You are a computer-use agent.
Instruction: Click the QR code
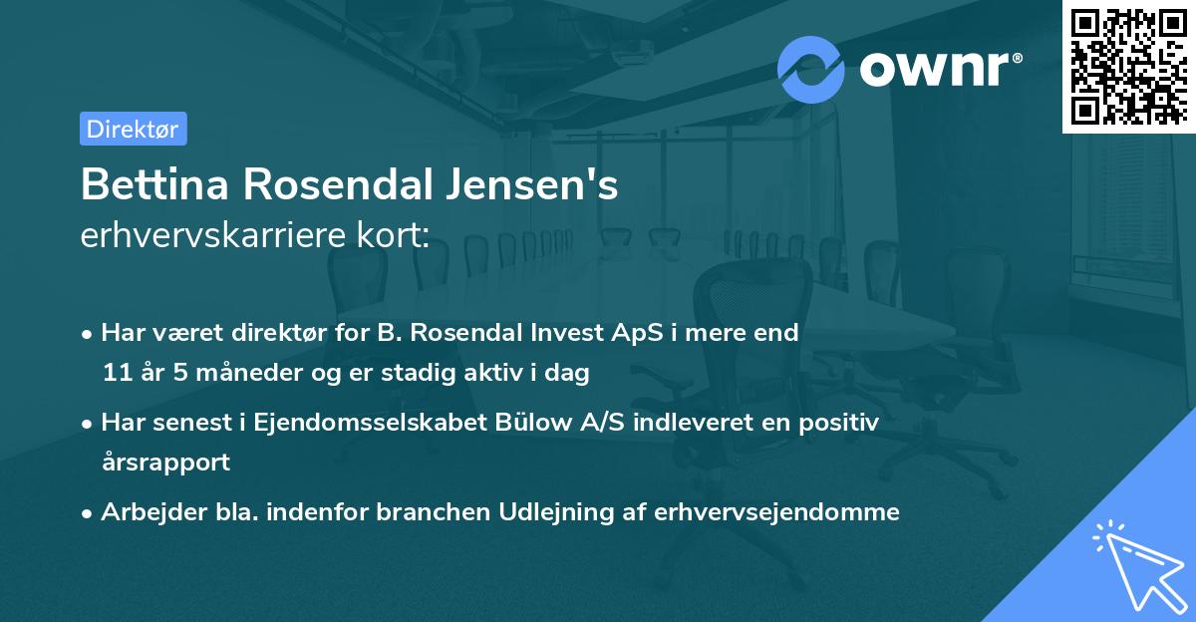click(1127, 66)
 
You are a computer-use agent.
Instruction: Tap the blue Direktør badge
click(133, 129)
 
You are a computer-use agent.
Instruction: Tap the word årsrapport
click(165, 463)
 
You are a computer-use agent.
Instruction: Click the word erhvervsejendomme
click(777, 512)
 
